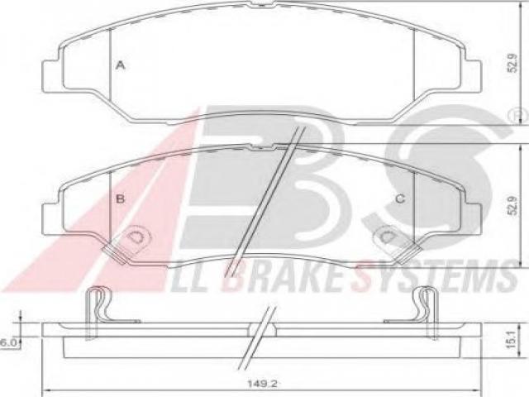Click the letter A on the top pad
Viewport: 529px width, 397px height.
[121, 65]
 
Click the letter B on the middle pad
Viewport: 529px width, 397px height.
[120, 198]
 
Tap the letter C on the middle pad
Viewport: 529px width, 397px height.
[400, 199]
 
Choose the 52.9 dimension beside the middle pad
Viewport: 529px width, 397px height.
[513, 206]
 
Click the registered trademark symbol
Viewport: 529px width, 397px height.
[521, 116]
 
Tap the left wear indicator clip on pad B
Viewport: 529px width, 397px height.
[126, 244]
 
